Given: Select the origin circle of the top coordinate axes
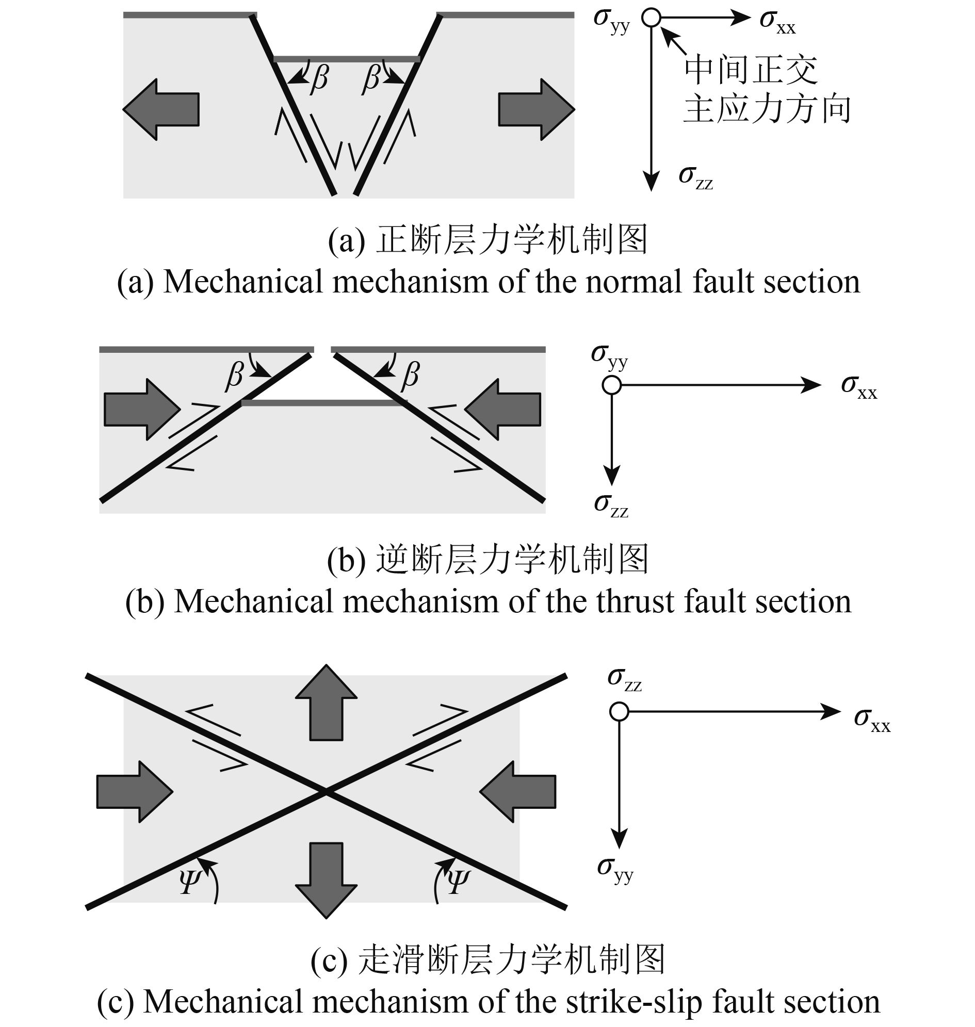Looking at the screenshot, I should click(651, 18).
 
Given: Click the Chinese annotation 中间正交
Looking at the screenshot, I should click(751, 70).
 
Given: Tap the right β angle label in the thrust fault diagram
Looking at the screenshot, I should click(410, 375).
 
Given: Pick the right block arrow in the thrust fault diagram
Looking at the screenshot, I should click(503, 410).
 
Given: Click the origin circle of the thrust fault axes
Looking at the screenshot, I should click(612, 386).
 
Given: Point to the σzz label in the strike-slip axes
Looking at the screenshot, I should click(625, 679).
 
